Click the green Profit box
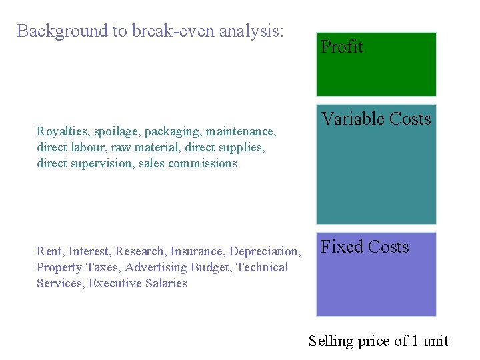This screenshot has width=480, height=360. coord(376,65)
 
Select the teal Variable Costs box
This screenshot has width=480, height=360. coord(376,164)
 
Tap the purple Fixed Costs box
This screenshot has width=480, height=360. coord(376,274)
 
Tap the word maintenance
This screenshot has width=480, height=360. coord(241,132)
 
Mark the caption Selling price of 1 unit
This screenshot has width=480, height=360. coord(378,341)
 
